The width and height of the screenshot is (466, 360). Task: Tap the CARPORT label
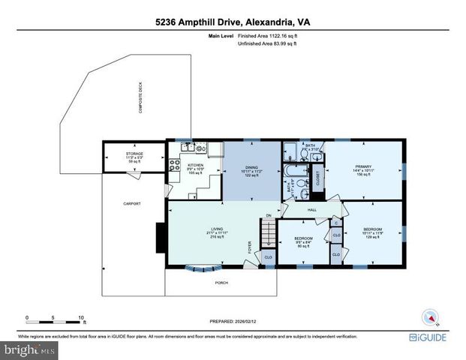(x=132, y=203)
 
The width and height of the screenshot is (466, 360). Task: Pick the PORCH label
(x=221, y=283)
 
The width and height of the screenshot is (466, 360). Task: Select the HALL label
(x=312, y=210)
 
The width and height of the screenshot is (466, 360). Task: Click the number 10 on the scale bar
(x=81, y=317)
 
